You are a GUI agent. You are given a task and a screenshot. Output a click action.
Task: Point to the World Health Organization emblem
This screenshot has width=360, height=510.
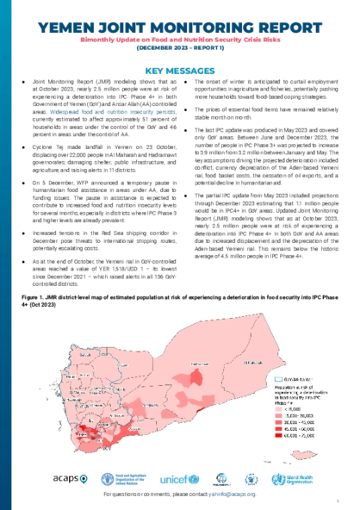[277, 479]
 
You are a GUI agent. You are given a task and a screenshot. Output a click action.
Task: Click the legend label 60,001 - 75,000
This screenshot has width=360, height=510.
[299, 436]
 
